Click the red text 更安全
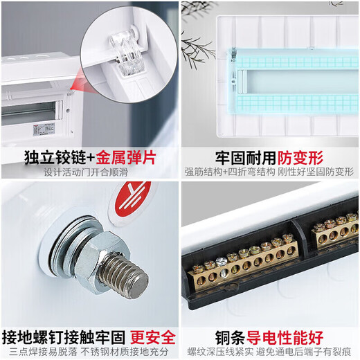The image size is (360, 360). pyautogui.click(x=153, y=337)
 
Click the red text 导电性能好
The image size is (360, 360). pyautogui.click(x=287, y=337)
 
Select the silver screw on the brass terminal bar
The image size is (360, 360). pyautogui.click(x=222, y=261)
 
